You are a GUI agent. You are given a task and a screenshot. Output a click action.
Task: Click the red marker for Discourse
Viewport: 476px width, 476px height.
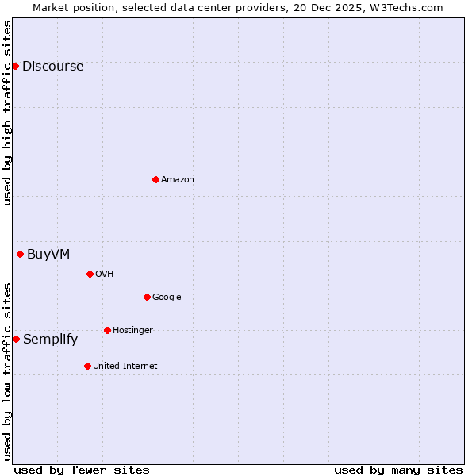point(15,66)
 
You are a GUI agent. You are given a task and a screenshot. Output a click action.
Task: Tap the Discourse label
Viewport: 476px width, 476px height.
point(52,67)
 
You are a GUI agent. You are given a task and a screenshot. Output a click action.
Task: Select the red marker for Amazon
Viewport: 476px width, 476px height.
point(155,179)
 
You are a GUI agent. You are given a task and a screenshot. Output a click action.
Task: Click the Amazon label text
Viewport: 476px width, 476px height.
point(178,180)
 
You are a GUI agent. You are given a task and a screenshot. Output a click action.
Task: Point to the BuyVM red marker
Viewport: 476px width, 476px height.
point(20,254)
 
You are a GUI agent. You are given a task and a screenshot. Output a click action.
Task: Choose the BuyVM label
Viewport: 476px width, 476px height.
point(48,255)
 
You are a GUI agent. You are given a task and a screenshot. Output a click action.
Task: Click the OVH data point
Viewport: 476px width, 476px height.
point(90,274)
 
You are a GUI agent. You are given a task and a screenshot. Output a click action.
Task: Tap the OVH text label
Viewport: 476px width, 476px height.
point(105,274)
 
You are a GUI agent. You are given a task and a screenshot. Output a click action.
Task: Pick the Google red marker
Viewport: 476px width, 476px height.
point(147,297)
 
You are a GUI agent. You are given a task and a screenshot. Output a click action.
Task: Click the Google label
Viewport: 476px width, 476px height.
point(167,297)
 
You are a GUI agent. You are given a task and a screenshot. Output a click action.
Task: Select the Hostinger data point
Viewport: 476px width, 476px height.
point(107,330)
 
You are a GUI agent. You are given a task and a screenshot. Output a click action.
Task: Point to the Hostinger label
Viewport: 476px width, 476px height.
point(132,331)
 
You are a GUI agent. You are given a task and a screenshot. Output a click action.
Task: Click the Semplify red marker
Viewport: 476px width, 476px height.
point(16,339)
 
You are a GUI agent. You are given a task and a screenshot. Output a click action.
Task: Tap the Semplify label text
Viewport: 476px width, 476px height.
point(50,340)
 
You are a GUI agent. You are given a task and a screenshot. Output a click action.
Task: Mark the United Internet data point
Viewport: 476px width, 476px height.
point(87,366)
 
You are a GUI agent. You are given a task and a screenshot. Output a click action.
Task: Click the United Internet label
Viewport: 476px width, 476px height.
point(125,367)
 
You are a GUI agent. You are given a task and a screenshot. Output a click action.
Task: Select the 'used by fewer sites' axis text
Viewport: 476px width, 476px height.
point(82,470)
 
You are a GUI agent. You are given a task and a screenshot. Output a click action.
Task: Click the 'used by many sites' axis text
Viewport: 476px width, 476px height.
point(398,470)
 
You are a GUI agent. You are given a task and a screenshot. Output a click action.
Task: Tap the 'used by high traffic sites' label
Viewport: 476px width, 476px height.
point(8,113)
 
